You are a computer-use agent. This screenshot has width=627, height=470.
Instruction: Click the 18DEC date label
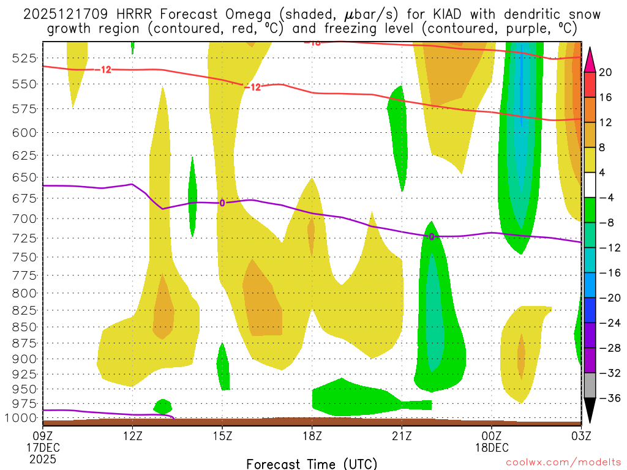[x=492, y=447]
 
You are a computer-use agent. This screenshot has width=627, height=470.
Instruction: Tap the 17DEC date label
[x=42, y=447]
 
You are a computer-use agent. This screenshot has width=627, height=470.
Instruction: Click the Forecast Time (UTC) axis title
[x=312, y=463]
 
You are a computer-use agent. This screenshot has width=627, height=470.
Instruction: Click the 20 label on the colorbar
[x=605, y=72]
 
